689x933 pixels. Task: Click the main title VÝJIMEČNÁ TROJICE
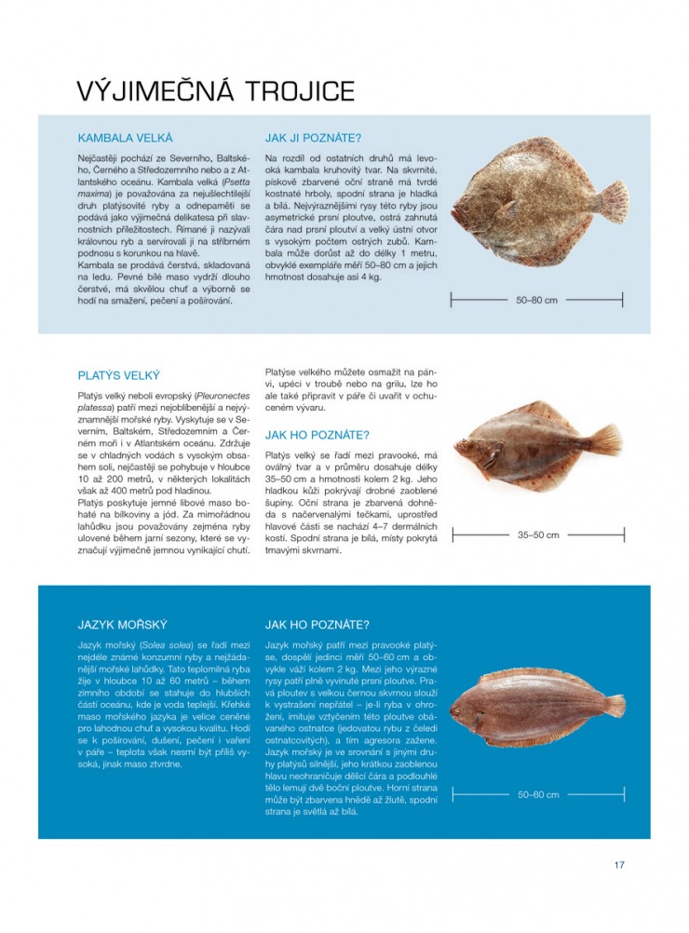coord(216,91)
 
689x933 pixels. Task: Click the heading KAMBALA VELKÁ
coord(126,137)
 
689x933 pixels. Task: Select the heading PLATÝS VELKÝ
coord(119,376)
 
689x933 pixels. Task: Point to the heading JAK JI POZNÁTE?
coord(313,137)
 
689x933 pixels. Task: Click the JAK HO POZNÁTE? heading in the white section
coord(317,435)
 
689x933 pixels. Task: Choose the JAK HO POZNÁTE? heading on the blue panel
coord(317,625)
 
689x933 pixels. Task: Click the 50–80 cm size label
coord(537,300)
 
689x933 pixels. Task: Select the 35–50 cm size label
coord(537,534)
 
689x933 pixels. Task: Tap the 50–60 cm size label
coord(537,794)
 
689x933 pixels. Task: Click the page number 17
coord(619,865)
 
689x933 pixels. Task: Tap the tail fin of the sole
coord(615,706)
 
